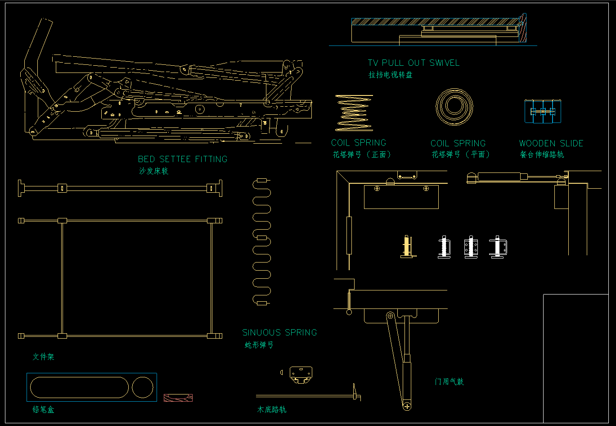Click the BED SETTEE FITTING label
(x=182, y=159)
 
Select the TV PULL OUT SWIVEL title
(x=414, y=63)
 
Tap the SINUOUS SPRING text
(x=279, y=333)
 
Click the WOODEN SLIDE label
(x=551, y=144)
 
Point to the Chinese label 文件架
(x=43, y=357)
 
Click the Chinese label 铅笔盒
(x=43, y=410)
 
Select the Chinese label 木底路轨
(x=271, y=410)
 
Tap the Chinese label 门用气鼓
(x=449, y=382)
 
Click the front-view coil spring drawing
(x=354, y=113)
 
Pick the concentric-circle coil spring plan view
(x=454, y=107)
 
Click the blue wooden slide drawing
(x=544, y=111)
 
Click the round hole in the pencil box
(x=143, y=388)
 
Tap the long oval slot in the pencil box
(x=79, y=388)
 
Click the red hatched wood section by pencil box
(x=178, y=398)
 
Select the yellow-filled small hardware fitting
(x=407, y=247)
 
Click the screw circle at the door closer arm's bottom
(x=407, y=407)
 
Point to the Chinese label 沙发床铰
(x=153, y=171)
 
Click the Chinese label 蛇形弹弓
(x=259, y=345)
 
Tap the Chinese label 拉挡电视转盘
(x=391, y=75)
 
